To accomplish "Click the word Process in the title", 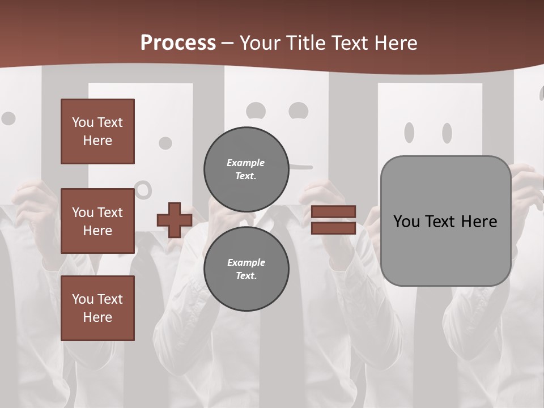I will [178, 43].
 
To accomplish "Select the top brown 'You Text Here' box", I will [97, 131].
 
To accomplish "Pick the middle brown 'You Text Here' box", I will [97, 221].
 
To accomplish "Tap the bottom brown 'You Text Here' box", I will [97, 308].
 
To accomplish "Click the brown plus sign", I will [175, 220].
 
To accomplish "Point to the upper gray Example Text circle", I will [246, 169].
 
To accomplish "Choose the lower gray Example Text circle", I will [246, 269].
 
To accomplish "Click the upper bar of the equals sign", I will [333, 212].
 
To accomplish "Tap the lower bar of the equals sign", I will [333, 228].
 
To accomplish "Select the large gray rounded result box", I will [445, 220].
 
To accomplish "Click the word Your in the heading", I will [261, 43].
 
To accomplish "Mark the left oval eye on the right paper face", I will [409, 133].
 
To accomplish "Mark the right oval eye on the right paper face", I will [447, 133].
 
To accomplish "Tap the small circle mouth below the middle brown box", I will [144, 189].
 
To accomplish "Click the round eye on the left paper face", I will [165, 143].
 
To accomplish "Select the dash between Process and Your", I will [228, 44].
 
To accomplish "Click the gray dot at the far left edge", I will [8, 118].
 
